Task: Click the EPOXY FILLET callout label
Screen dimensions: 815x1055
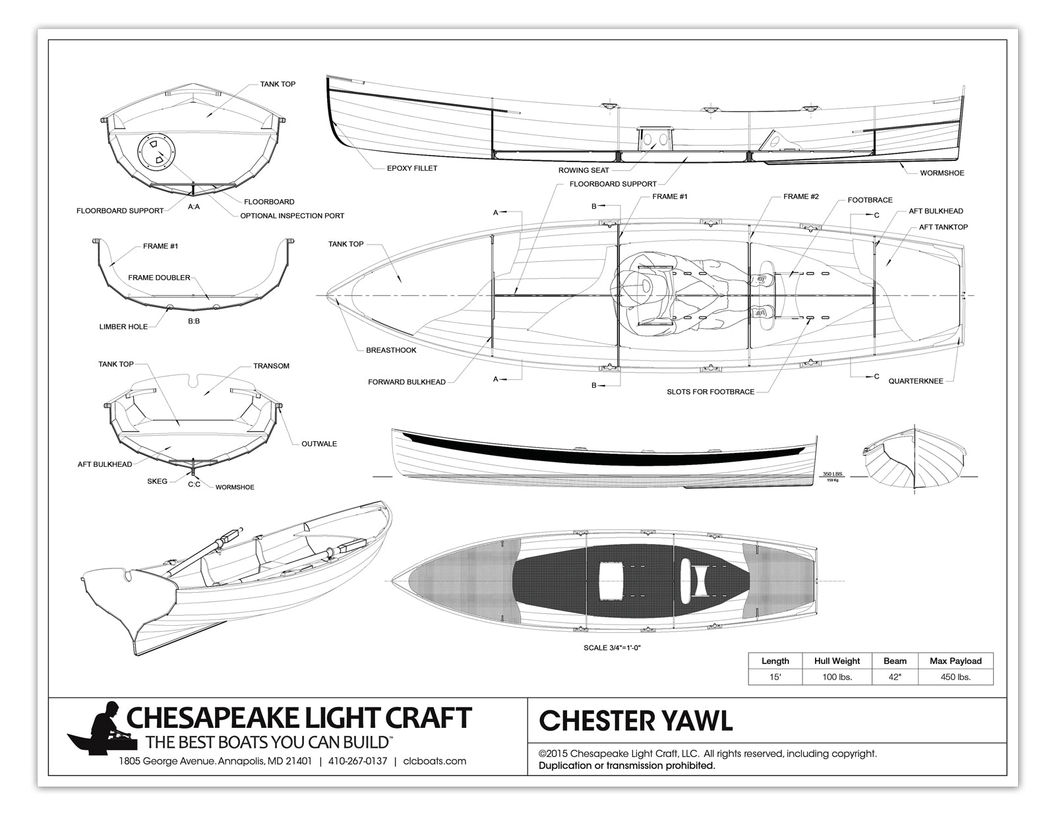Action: [411, 168]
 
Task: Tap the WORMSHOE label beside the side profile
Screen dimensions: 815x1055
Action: [942, 173]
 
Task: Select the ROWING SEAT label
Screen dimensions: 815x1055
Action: [584, 170]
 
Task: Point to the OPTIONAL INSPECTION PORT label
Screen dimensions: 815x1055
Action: [292, 216]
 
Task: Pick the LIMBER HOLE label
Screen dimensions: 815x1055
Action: [123, 326]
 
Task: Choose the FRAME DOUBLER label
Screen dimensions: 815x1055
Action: [159, 278]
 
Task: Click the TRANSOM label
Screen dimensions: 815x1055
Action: [271, 366]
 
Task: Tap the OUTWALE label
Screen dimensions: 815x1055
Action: [319, 444]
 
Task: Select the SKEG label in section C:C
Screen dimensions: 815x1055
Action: [157, 481]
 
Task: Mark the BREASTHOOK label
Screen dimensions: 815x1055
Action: [391, 350]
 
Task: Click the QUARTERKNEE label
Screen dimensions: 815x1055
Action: [915, 381]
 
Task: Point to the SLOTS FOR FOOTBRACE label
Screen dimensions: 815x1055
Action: [710, 392]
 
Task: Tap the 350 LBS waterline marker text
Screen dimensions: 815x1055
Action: [832, 474]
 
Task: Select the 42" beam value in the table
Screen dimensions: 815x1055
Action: [895, 677]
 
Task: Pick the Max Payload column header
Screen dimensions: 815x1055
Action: [955, 661]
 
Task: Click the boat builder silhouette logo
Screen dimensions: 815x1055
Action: [104, 727]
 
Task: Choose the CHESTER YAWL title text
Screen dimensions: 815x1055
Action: [636, 721]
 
